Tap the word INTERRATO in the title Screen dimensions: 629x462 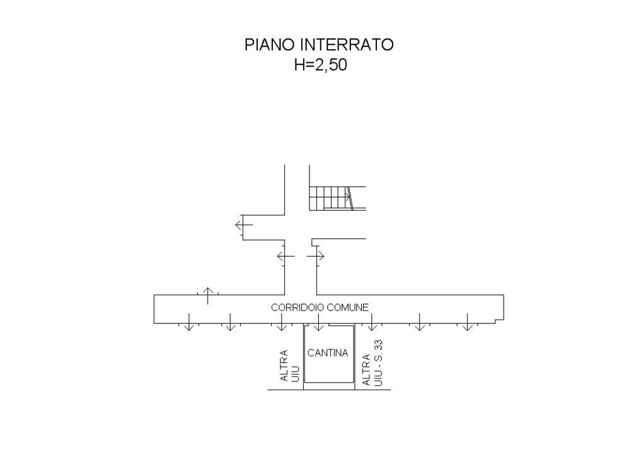pos(347,45)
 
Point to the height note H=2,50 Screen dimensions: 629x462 pos(321,64)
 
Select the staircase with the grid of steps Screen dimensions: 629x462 pos(337,198)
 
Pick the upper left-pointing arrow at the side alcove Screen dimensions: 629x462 pos(244,225)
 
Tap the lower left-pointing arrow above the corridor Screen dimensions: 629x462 pos(286,256)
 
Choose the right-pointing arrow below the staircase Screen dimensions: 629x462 pos(316,256)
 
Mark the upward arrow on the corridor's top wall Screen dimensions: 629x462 pos(207,296)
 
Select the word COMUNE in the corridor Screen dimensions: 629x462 pos(347,307)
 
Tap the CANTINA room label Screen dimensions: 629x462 pos(328,353)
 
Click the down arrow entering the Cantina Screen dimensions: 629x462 pos(318,322)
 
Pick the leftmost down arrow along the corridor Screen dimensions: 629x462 pos(188,322)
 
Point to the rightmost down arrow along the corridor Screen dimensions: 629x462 pos(467,322)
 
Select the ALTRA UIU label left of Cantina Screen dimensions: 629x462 pos(290,366)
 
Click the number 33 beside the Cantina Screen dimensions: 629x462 pos(378,346)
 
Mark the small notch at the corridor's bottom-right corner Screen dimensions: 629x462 pos(499,321)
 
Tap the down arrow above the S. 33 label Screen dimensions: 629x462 pos(372,322)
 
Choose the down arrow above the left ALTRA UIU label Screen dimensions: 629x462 pos(282,322)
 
